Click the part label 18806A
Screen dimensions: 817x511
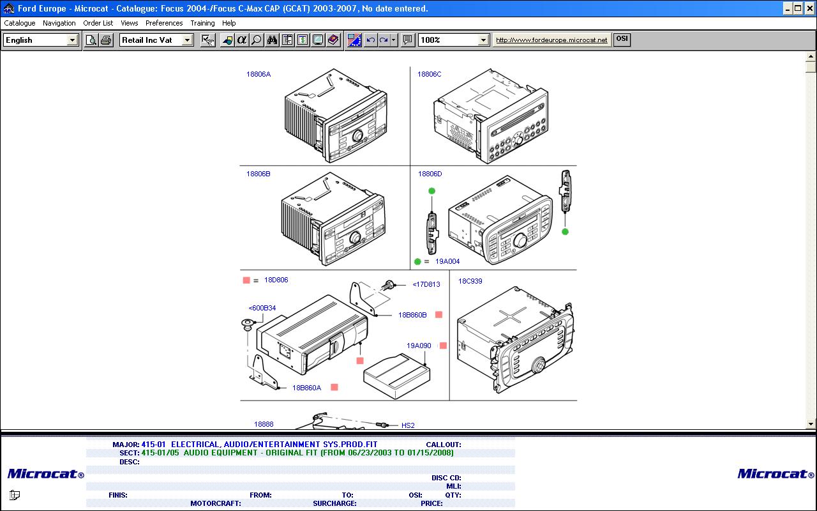click(259, 75)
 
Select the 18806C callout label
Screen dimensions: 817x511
click(429, 75)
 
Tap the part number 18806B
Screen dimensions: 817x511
click(259, 174)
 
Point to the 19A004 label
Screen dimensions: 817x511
click(447, 261)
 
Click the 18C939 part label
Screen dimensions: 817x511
click(470, 281)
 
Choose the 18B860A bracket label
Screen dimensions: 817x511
click(306, 388)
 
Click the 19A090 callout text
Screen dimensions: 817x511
click(419, 346)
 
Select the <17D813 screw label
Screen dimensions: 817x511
click(426, 284)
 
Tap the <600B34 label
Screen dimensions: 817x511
click(262, 308)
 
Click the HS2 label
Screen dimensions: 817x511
click(408, 425)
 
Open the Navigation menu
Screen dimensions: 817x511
click(59, 23)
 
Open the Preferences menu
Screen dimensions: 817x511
click(164, 23)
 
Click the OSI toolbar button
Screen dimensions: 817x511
click(622, 39)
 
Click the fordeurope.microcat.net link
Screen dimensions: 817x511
click(551, 40)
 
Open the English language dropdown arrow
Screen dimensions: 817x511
click(72, 40)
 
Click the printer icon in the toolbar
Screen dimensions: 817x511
click(106, 40)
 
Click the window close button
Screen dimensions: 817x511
click(810, 8)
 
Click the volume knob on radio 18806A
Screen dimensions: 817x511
click(357, 136)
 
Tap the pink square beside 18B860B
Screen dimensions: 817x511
click(438, 315)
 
